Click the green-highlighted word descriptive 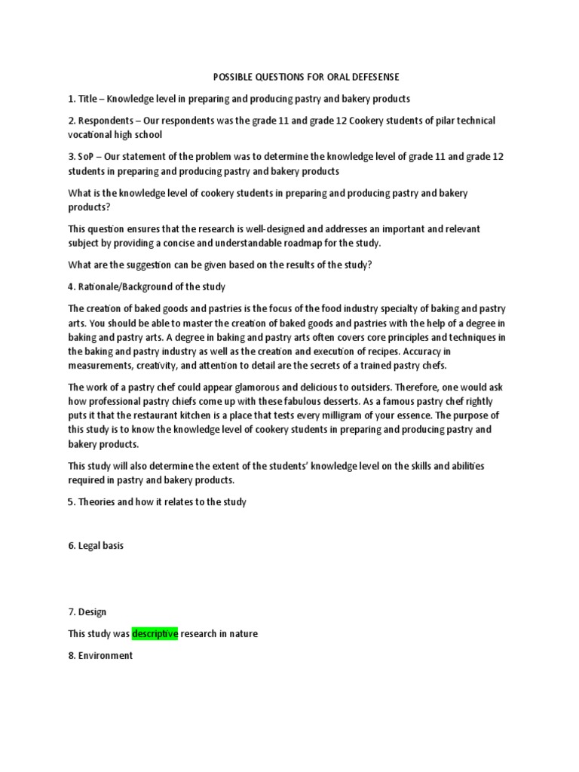tap(155, 634)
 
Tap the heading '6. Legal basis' tap(96, 546)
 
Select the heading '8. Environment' tap(100, 655)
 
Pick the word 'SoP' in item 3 tap(87, 156)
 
